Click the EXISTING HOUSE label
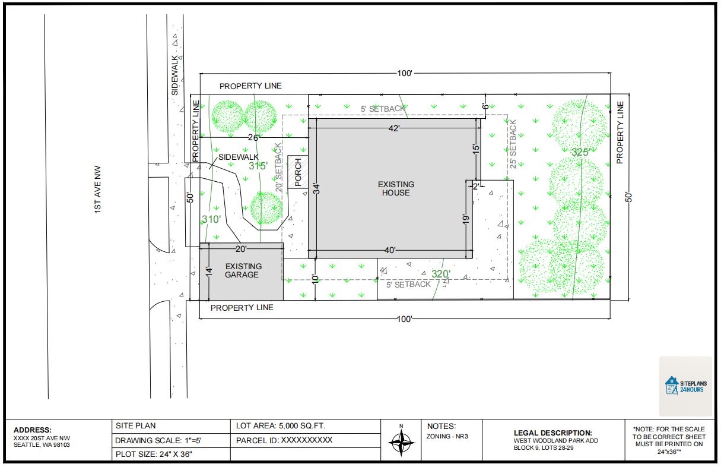396,188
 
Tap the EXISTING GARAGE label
243,270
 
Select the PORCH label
298,171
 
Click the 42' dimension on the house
394,128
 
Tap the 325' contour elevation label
580,153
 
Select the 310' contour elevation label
211,220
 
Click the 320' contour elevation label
441,274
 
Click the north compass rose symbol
402,441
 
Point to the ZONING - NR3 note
447,437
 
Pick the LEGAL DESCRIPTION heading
553,433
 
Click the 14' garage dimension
208,271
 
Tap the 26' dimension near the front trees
253,138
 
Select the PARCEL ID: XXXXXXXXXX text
284,441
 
